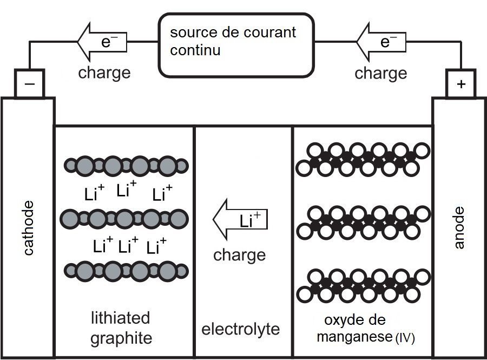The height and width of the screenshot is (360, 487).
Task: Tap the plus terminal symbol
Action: [x=460, y=84]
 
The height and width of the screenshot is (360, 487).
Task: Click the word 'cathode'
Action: [x=29, y=227]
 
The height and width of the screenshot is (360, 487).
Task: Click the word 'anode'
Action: [x=459, y=227]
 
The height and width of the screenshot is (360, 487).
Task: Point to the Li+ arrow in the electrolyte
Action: [x=240, y=221]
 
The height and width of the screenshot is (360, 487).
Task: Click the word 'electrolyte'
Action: [x=241, y=329]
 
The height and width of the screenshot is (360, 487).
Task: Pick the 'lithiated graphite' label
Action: [x=121, y=328]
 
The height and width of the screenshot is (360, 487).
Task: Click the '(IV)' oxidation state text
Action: [x=404, y=339]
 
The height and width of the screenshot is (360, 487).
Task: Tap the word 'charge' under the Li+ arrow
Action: [x=240, y=254]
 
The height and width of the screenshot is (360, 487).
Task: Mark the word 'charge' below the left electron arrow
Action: [x=104, y=73]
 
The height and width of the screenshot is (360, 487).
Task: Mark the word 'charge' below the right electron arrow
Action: [x=381, y=73]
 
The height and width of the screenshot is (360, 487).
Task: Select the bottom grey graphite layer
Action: [x=126, y=270]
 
